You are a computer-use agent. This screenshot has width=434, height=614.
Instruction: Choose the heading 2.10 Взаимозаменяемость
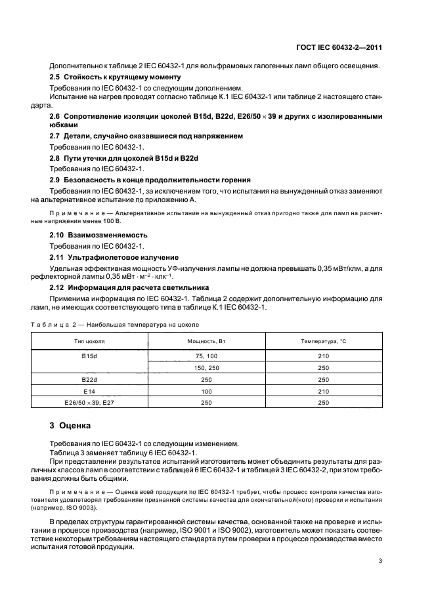click(x=99, y=235)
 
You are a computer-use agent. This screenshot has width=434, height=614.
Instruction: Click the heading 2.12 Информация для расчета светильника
click(x=129, y=287)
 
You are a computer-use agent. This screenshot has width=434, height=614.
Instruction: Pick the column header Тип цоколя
click(x=89, y=342)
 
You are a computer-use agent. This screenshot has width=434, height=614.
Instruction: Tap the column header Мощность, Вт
click(x=207, y=342)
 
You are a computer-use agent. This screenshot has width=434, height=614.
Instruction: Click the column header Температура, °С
click(x=323, y=342)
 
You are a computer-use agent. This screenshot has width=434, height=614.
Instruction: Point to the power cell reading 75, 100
click(x=207, y=356)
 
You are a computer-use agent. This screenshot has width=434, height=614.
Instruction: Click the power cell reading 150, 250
click(x=207, y=367)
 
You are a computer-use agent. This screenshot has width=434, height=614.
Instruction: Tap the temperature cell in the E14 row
click(x=323, y=392)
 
